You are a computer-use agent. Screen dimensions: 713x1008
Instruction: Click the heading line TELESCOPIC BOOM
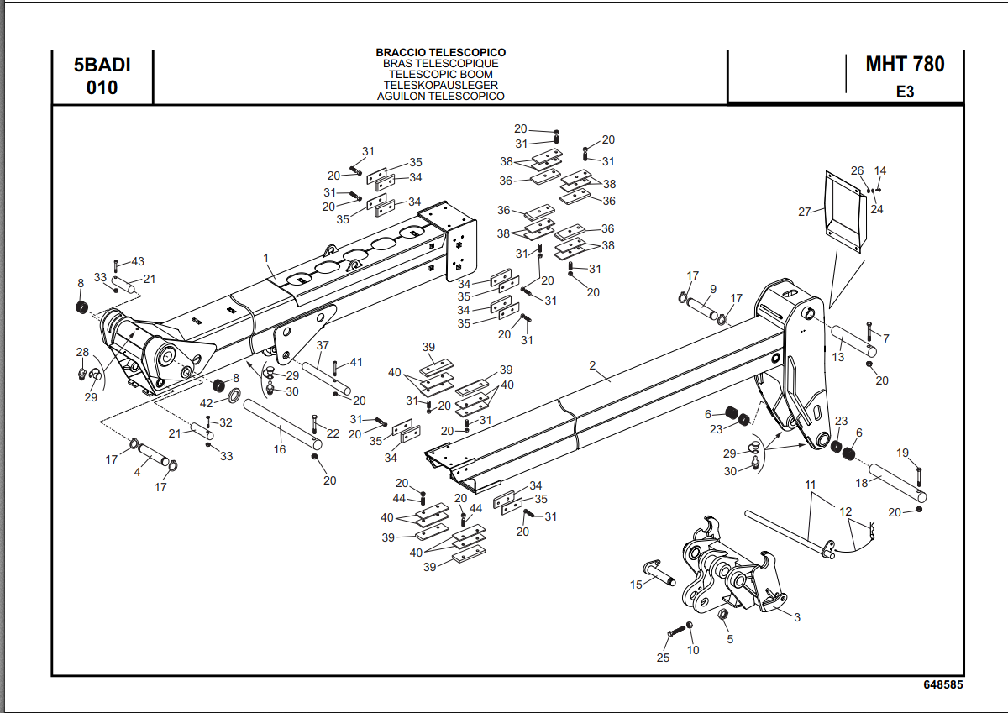click(441, 74)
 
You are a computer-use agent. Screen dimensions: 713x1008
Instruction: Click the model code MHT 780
click(905, 64)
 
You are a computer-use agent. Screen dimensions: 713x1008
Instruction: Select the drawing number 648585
click(943, 685)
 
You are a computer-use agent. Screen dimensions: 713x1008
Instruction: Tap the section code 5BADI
click(102, 64)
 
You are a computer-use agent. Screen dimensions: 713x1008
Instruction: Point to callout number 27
click(805, 212)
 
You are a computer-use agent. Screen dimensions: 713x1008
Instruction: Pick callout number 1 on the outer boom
click(265, 257)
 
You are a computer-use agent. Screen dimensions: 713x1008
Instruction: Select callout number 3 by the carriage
click(796, 618)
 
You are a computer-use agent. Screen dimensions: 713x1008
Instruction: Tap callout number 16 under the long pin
click(280, 449)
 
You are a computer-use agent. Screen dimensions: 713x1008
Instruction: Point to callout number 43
click(138, 261)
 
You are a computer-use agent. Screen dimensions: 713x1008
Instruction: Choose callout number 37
click(323, 345)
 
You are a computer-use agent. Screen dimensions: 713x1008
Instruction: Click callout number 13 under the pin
click(837, 357)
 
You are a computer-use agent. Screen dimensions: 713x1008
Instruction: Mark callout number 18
click(862, 483)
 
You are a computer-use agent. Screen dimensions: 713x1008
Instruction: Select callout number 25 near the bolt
click(663, 658)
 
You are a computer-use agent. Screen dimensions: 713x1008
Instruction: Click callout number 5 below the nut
click(729, 639)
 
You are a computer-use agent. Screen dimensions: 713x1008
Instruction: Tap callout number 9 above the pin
click(711, 289)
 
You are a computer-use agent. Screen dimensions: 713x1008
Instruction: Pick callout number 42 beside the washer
click(207, 403)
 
